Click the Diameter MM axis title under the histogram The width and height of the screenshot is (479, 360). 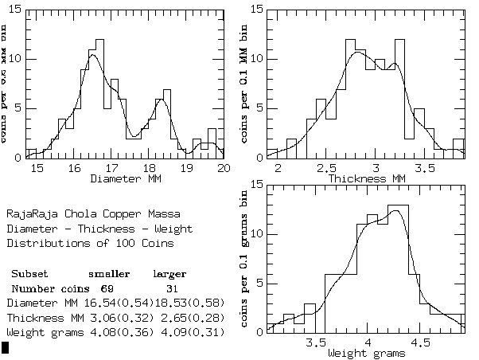(x=125, y=179)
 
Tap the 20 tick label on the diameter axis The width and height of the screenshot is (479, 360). (x=224, y=169)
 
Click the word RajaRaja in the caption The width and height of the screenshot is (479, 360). (x=29, y=214)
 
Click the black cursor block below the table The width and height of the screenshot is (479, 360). (x=5, y=346)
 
